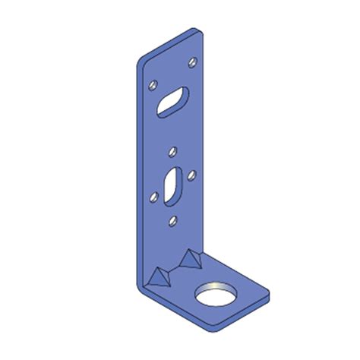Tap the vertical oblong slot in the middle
172,184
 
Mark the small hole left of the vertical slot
154,197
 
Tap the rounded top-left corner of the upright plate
140,61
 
